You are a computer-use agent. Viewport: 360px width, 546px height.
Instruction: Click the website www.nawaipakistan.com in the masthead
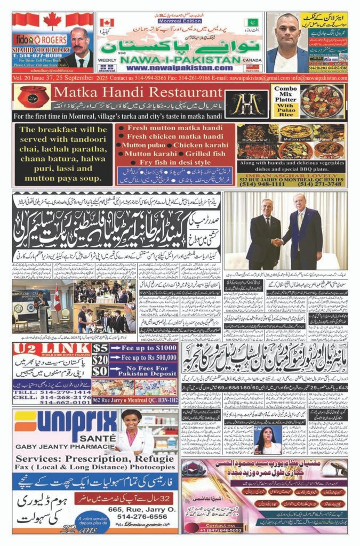[174, 68]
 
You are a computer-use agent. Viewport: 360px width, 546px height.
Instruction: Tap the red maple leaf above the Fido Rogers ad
[52, 21]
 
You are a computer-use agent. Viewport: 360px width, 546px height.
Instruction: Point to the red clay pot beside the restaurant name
[34, 97]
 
